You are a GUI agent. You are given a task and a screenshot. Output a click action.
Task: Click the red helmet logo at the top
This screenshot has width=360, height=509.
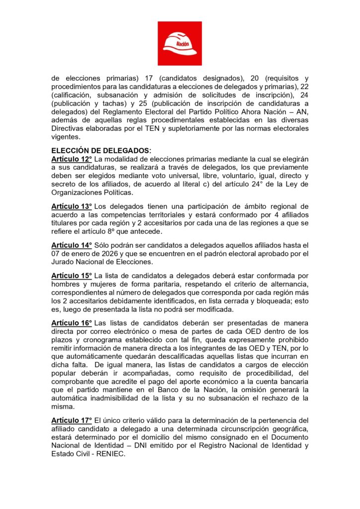click(180, 43)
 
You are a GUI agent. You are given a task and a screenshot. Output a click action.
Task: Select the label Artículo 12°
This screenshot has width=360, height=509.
click(72, 159)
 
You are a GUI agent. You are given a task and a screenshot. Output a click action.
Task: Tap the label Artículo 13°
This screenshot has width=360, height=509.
click(72, 206)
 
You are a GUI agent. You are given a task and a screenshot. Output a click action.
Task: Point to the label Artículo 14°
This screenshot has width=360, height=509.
click(72, 245)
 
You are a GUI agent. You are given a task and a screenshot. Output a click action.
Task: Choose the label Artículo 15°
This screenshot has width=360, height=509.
click(72, 275)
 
